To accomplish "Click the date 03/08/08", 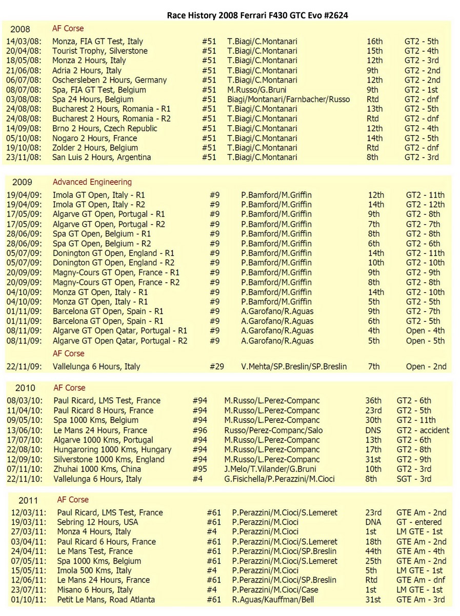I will click(24, 99).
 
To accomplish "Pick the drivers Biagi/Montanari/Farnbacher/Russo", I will click(289, 99).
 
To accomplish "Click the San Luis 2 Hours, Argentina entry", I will click(102, 157).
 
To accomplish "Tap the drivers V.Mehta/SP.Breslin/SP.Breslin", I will click(294, 367).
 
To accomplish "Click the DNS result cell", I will click(373, 430).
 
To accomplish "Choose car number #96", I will click(200, 430).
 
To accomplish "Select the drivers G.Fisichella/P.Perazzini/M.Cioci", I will click(279, 479).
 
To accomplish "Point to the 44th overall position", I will click(374, 551).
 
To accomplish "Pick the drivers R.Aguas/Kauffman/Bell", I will click(276, 599).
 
